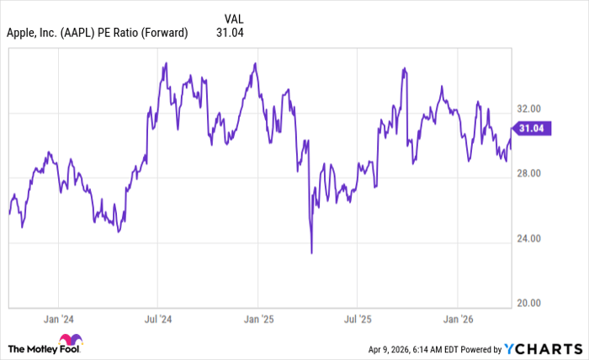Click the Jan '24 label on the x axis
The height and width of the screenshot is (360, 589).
[x=58, y=320]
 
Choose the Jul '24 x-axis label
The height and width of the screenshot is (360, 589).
[x=157, y=320]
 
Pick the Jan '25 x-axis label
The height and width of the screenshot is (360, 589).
[x=257, y=320]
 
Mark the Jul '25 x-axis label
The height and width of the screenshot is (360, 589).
[x=357, y=320]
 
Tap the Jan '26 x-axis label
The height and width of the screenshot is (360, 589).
[x=457, y=320]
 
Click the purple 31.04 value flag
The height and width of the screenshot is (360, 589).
[x=530, y=129]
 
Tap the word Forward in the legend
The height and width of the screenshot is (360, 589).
[x=166, y=33]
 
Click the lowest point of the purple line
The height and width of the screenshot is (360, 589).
[x=311, y=252]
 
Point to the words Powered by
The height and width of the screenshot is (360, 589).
[x=478, y=348]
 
